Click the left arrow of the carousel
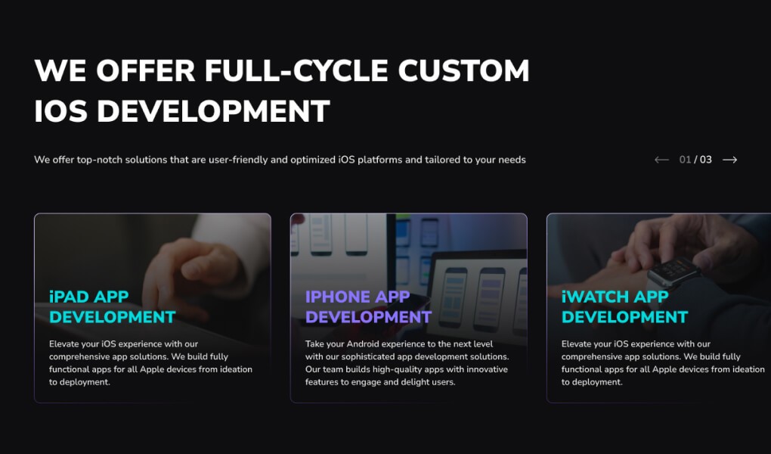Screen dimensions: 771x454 coord(661,160)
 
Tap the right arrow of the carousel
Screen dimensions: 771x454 coord(729,160)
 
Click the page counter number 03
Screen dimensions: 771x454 coord(705,160)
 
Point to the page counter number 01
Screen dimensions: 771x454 coord(685,160)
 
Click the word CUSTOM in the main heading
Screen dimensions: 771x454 coord(463,70)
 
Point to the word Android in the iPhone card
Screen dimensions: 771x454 coord(363,344)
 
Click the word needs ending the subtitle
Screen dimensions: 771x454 coord(512,160)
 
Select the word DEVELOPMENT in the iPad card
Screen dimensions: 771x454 coord(112,316)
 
